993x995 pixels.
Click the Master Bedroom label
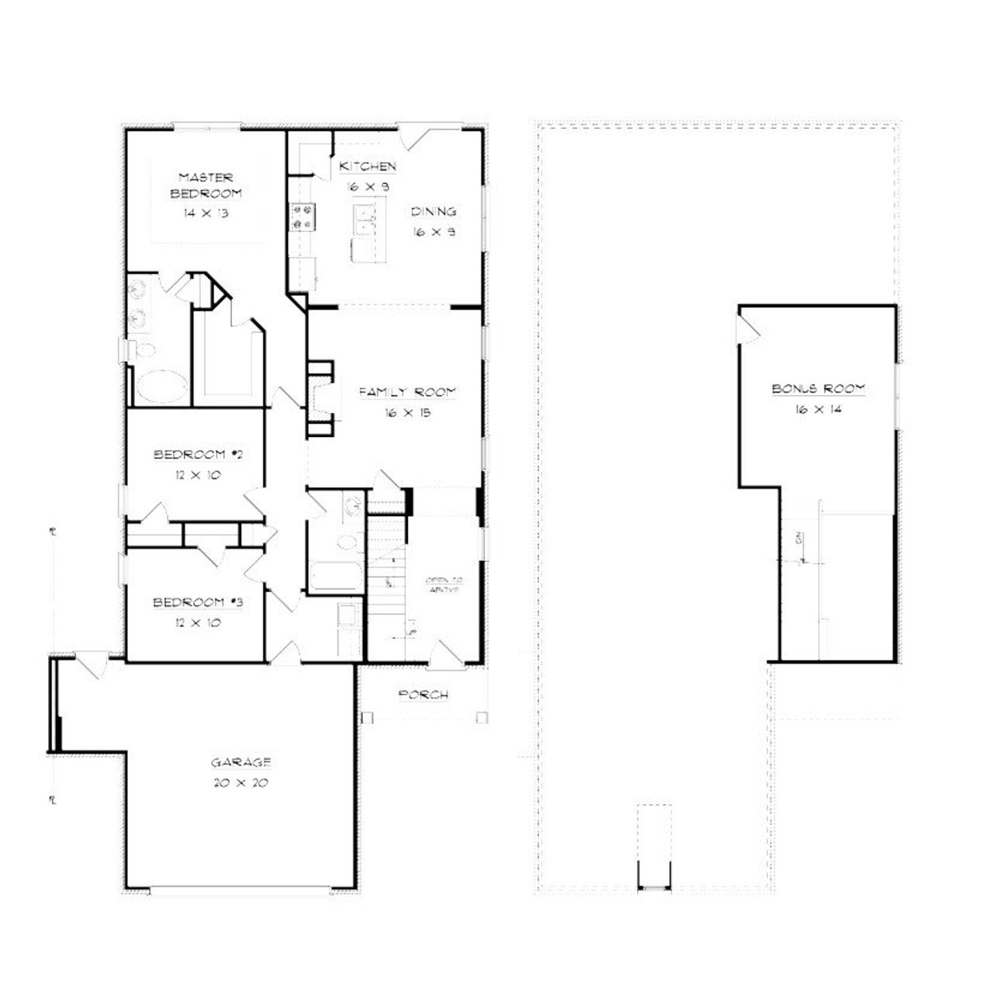click(206, 185)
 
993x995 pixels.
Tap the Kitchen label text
click(368, 167)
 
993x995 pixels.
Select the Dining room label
click(433, 212)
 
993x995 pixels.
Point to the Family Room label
click(407, 393)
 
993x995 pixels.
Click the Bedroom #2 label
click(199, 455)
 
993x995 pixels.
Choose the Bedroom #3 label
click(199, 603)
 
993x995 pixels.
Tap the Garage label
click(240, 762)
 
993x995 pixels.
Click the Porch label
click(423, 695)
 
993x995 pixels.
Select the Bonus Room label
click(818, 389)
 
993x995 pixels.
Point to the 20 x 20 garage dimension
click(240, 783)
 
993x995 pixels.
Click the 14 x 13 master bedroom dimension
click(206, 213)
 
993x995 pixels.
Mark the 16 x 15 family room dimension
click(407, 413)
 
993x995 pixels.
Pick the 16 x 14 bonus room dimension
click(818, 410)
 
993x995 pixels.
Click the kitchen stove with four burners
click(301, 217)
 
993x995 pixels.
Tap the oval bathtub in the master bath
click(162, 387)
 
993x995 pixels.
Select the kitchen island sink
click(362, 220)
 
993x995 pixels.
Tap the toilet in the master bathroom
click(140, 348)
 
